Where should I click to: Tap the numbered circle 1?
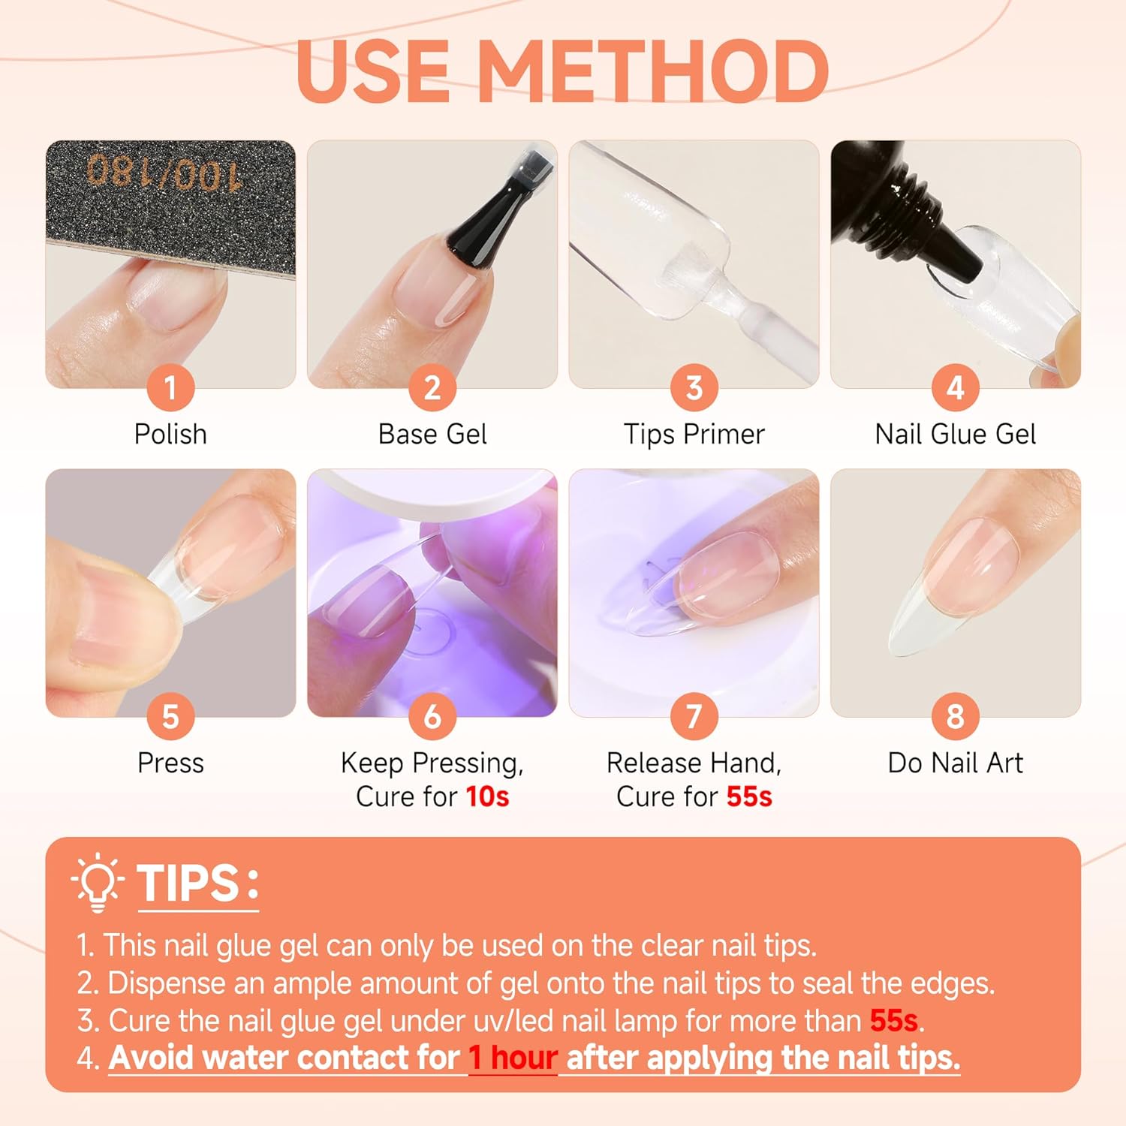click(x=170, y=388)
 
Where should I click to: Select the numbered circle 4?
click(x=955, y=388)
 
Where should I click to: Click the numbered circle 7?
click(x=694, y=716)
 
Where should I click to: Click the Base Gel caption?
click(x=432, y=434)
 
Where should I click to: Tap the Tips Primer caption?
click(x=694, y=434)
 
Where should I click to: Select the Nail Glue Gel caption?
click(x=955, y=434)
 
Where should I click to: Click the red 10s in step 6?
click(x=487, y=796)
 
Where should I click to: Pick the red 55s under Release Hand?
click(x=748, y=796)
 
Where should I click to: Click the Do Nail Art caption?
click(x=955, y=763)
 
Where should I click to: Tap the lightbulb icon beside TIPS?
click(x=98, y=882)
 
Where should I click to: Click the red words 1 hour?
click(x=513, y=1058)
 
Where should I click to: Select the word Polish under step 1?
click(x=170, y=434)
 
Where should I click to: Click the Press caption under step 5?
click(x=170, y=763)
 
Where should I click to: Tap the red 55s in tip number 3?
click(x=893, y=1021)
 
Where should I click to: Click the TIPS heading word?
click(x=188, y=883)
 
